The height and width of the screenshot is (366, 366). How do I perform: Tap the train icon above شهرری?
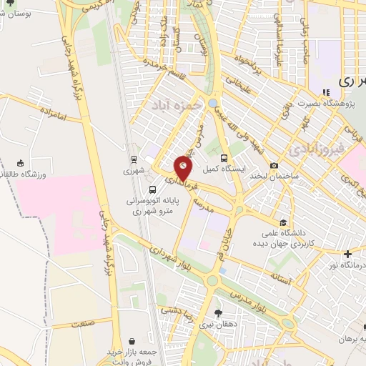133,159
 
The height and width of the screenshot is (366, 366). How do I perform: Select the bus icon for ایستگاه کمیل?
224,158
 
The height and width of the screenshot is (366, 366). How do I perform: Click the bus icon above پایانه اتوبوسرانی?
152,189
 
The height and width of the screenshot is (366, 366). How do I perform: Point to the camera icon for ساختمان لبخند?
274,166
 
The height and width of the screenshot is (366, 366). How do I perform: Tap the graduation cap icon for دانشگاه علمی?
284,222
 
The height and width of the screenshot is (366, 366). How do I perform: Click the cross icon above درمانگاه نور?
348,254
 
